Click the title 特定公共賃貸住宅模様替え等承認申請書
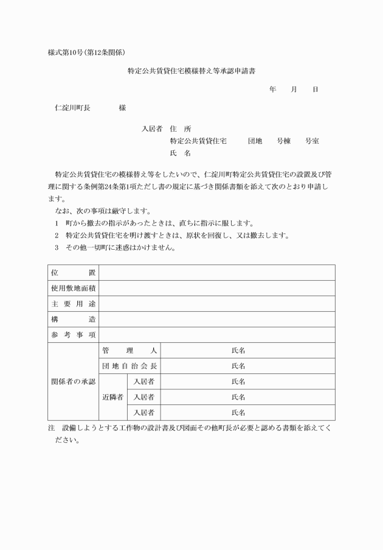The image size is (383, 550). point(191,71)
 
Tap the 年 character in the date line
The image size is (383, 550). point(273,90)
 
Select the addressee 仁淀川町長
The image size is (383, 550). point(72,108)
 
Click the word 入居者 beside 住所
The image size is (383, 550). point(152,129)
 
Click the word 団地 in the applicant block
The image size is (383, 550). point(255,141)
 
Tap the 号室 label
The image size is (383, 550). point(312,141)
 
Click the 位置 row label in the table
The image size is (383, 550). point(73,272)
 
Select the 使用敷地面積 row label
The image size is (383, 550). point(73,288)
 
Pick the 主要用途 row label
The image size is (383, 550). point(73,303)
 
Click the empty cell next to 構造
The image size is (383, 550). point(216,319)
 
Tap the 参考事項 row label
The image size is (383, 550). point(73,334)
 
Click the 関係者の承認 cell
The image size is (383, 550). point(73,381)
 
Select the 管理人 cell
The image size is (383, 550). point(129,350)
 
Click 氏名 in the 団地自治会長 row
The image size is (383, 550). point(238,366)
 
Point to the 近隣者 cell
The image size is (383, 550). point(112,397)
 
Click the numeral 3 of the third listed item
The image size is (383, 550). point(57,247)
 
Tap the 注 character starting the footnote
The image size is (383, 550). point(51,428)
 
